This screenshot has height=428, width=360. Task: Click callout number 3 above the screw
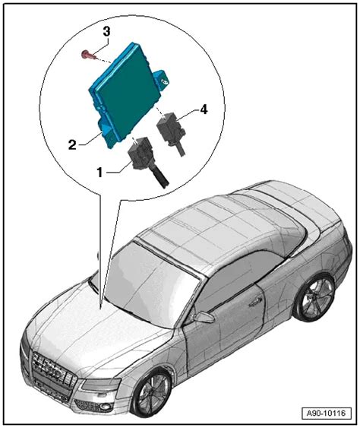(x=106, y=32)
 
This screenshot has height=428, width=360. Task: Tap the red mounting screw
(x=87, y=55)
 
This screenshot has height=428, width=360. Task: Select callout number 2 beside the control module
(x=72, y=144)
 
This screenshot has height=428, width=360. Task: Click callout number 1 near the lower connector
(x=99, y=173)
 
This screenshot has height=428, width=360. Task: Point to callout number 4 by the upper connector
(x=204, y=109)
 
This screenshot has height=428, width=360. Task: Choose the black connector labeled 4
(x=169, y=131)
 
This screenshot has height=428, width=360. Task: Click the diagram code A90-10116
(x=326, y=413)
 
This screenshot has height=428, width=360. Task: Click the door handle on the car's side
(x=255, y=301)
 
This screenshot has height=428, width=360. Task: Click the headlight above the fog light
(x=100, y=384)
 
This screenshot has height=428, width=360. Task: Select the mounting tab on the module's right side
(x=163, y=79)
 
